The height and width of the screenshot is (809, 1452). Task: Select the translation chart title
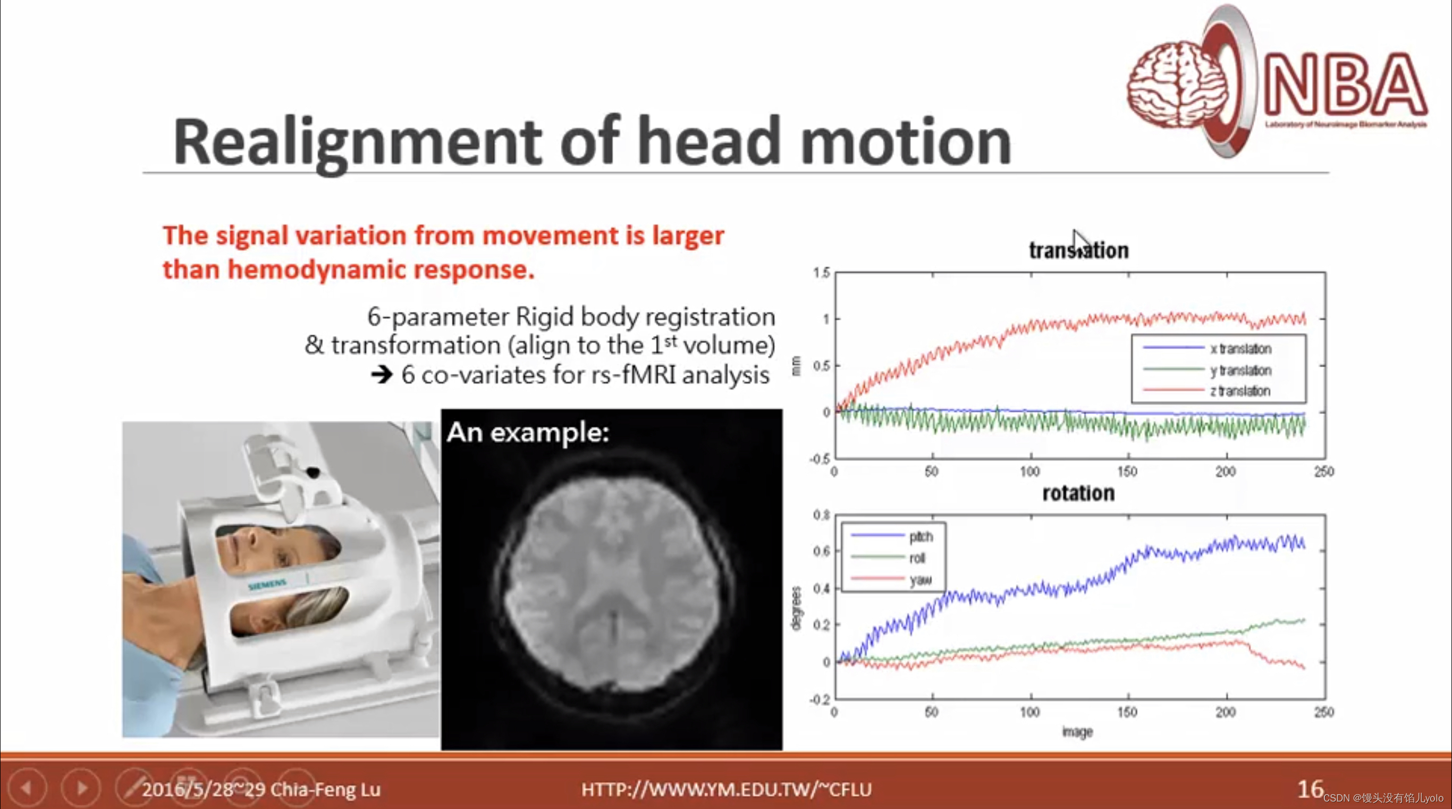pos(1078,250)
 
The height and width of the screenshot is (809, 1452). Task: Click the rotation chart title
pos(1078,493)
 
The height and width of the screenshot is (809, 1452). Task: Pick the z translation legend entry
pos(1239,391)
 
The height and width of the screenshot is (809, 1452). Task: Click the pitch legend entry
pos(921,537)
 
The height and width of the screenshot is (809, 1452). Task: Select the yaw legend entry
pos(921,579)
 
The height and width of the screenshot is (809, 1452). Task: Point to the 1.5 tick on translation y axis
pos(821,273)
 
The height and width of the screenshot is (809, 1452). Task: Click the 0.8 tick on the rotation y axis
pos(821,515)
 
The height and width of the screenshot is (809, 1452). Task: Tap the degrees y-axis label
pos(796,608)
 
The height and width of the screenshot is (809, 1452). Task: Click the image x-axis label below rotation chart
pos(1077,732)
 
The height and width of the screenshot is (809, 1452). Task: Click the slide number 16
pos(1310,789)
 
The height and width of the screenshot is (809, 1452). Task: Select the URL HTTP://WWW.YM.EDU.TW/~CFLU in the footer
pos(726,789)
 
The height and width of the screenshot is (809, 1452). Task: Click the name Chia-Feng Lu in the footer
pos(325,789)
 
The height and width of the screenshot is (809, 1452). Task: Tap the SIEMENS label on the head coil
pos(267,585)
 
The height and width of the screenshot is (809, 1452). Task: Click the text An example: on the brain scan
pos(528,433)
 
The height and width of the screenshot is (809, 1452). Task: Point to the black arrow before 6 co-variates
pos(382,375)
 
